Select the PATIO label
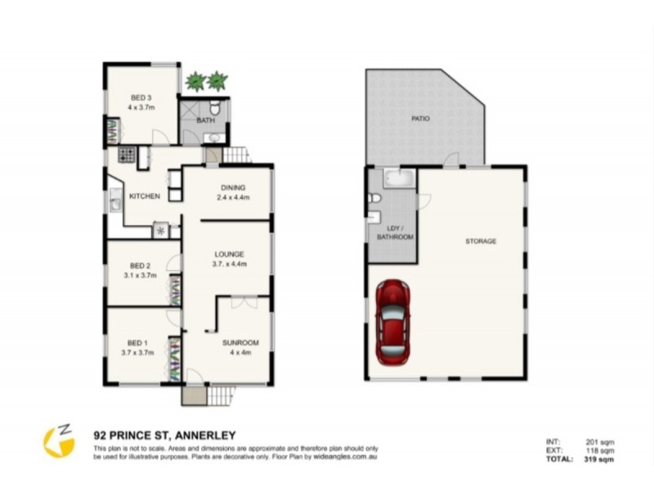point(420,119)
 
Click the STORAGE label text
point(481,241)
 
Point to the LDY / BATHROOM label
point(395,232)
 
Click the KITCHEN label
point(144,196)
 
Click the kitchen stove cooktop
point(127,154)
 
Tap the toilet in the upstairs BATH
point(215,108)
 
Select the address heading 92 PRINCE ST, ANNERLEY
point(164,435)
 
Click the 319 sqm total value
point(600,460)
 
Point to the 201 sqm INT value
point(601,443)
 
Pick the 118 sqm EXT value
point(601,451)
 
